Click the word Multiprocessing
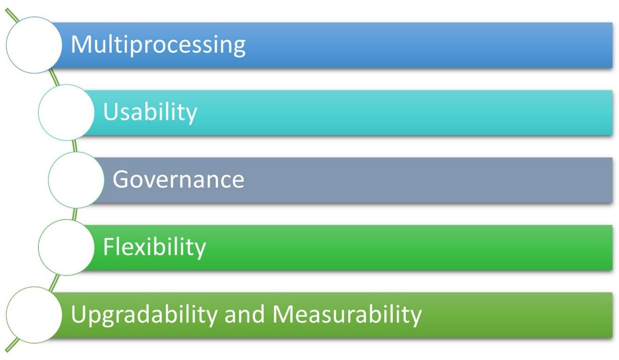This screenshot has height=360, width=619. tap(158, 45)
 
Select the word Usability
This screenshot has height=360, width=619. tap(150, 112)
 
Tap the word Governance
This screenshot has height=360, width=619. tap(178, 180)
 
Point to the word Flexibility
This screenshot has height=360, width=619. tap(154, 247)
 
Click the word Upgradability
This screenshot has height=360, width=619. tap(144, 315)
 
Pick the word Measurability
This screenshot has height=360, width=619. tap(347, 314)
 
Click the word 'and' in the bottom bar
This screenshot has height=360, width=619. tap(245, 314)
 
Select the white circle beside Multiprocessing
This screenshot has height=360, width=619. tap(34, 45)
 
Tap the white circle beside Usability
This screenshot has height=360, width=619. tap(66, 112)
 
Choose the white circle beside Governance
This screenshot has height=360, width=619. tap(76, 180)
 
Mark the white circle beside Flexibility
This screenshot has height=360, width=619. tap(66, 247)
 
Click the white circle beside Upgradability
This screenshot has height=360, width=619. tap(34, 315)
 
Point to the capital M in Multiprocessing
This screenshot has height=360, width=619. tap(81, 45)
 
